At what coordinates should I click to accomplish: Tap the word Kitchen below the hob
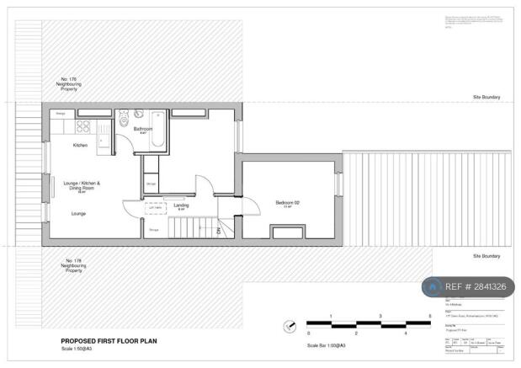click(80, 145)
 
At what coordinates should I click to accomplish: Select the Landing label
click(180, 205)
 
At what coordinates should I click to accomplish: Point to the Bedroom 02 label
click(287, 203)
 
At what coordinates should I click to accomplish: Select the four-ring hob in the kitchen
click(84, 127)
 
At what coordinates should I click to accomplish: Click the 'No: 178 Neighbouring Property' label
click(74, 266)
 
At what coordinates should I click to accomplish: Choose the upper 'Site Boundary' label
click(486, 98)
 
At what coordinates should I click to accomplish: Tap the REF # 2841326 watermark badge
click(474, 287)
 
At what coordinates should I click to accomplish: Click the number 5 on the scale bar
click(430, 316)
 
